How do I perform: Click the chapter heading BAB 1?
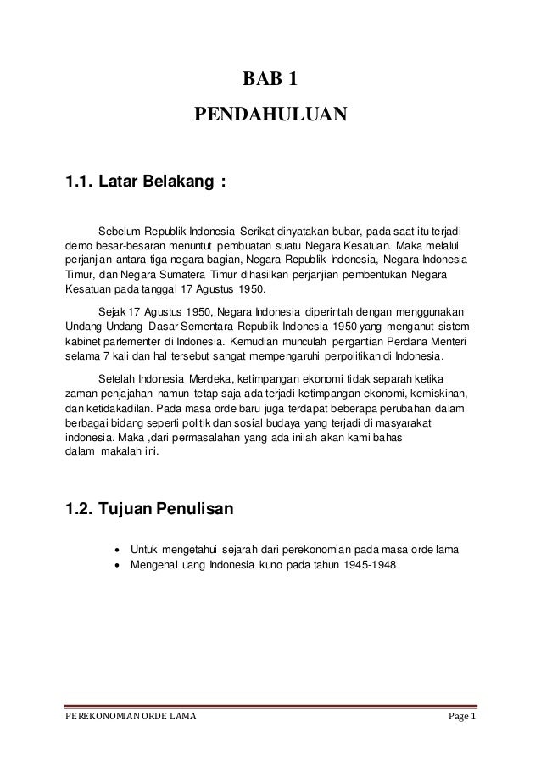click(270, 81)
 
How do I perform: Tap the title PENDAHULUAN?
click(270, 114)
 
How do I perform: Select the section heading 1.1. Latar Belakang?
click(145, 181)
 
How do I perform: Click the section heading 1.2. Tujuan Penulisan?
click(154, 510)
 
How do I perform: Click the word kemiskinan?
click(438, 392)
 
